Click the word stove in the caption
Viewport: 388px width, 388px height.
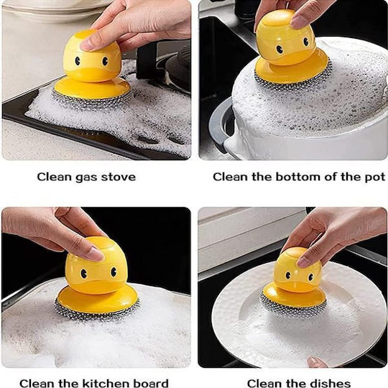(119, 177)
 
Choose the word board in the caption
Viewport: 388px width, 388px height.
(151, 383)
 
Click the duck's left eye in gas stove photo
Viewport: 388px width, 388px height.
(78, 61)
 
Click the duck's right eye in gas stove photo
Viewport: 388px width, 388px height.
(105, 60)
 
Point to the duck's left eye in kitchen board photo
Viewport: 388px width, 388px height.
(84, 274)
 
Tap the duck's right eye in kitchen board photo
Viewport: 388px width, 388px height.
(114, 272)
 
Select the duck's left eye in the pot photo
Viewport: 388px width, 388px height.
(280, 50)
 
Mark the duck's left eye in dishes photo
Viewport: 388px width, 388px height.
(288, 275)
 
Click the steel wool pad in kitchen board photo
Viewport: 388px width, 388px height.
(97, 312)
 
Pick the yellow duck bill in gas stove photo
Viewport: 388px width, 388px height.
(92, 73)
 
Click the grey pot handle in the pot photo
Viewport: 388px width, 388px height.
(221, 124)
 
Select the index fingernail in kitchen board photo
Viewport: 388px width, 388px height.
(97, 254)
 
